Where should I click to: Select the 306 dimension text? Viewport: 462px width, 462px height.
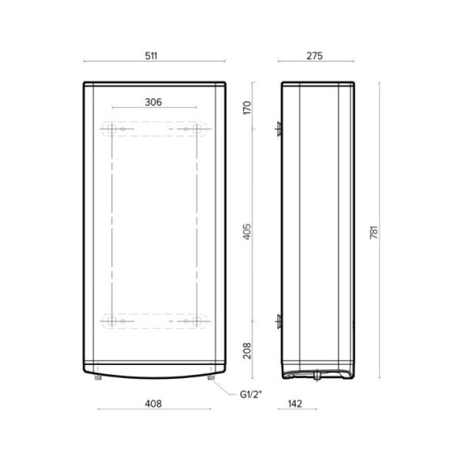[x=153, y=102]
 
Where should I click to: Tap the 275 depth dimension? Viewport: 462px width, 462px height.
[x=314, y=56]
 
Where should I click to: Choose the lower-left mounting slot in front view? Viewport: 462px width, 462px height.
[x=112, y=321]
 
